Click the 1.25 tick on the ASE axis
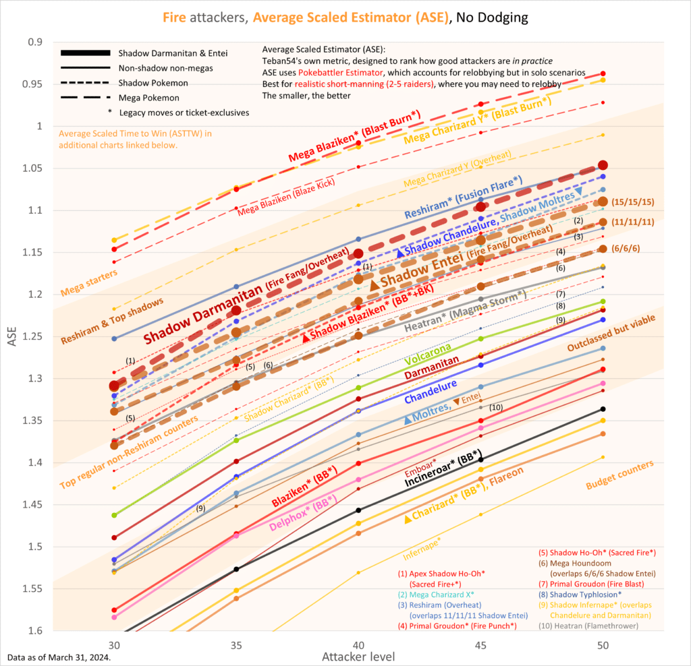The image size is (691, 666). tap(32, 336)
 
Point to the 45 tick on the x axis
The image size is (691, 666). tap(480, 644)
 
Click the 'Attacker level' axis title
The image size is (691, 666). tap(358, 656)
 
